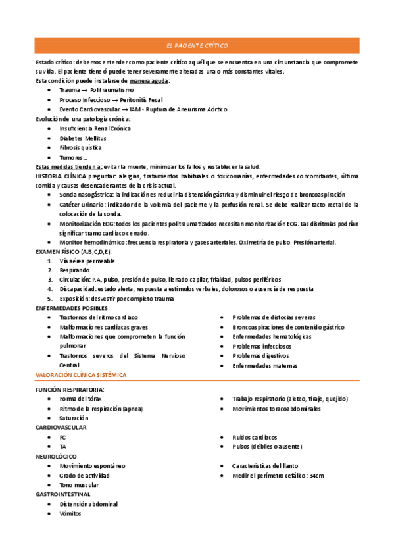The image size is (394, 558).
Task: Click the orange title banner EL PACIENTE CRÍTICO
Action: (x=197, y=46)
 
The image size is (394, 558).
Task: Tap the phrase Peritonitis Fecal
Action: (x=141, y=99)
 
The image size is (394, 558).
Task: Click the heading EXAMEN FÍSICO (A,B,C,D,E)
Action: (x=73, y=252)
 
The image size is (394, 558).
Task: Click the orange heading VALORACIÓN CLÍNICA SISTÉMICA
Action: (x=81, y=374)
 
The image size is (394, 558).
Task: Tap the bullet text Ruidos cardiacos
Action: (x=255, y=437)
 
